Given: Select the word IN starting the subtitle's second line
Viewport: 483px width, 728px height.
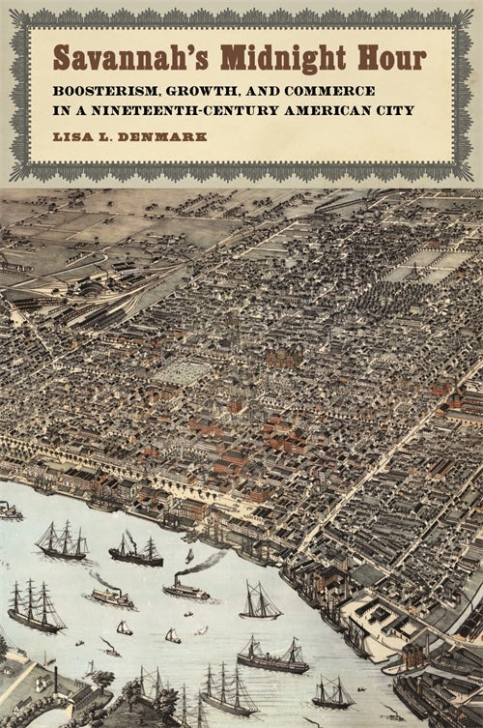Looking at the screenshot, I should pyautogui.click(x=61, y=110).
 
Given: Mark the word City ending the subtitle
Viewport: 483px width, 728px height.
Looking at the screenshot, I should pyautogui.click(x=397, y=110).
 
